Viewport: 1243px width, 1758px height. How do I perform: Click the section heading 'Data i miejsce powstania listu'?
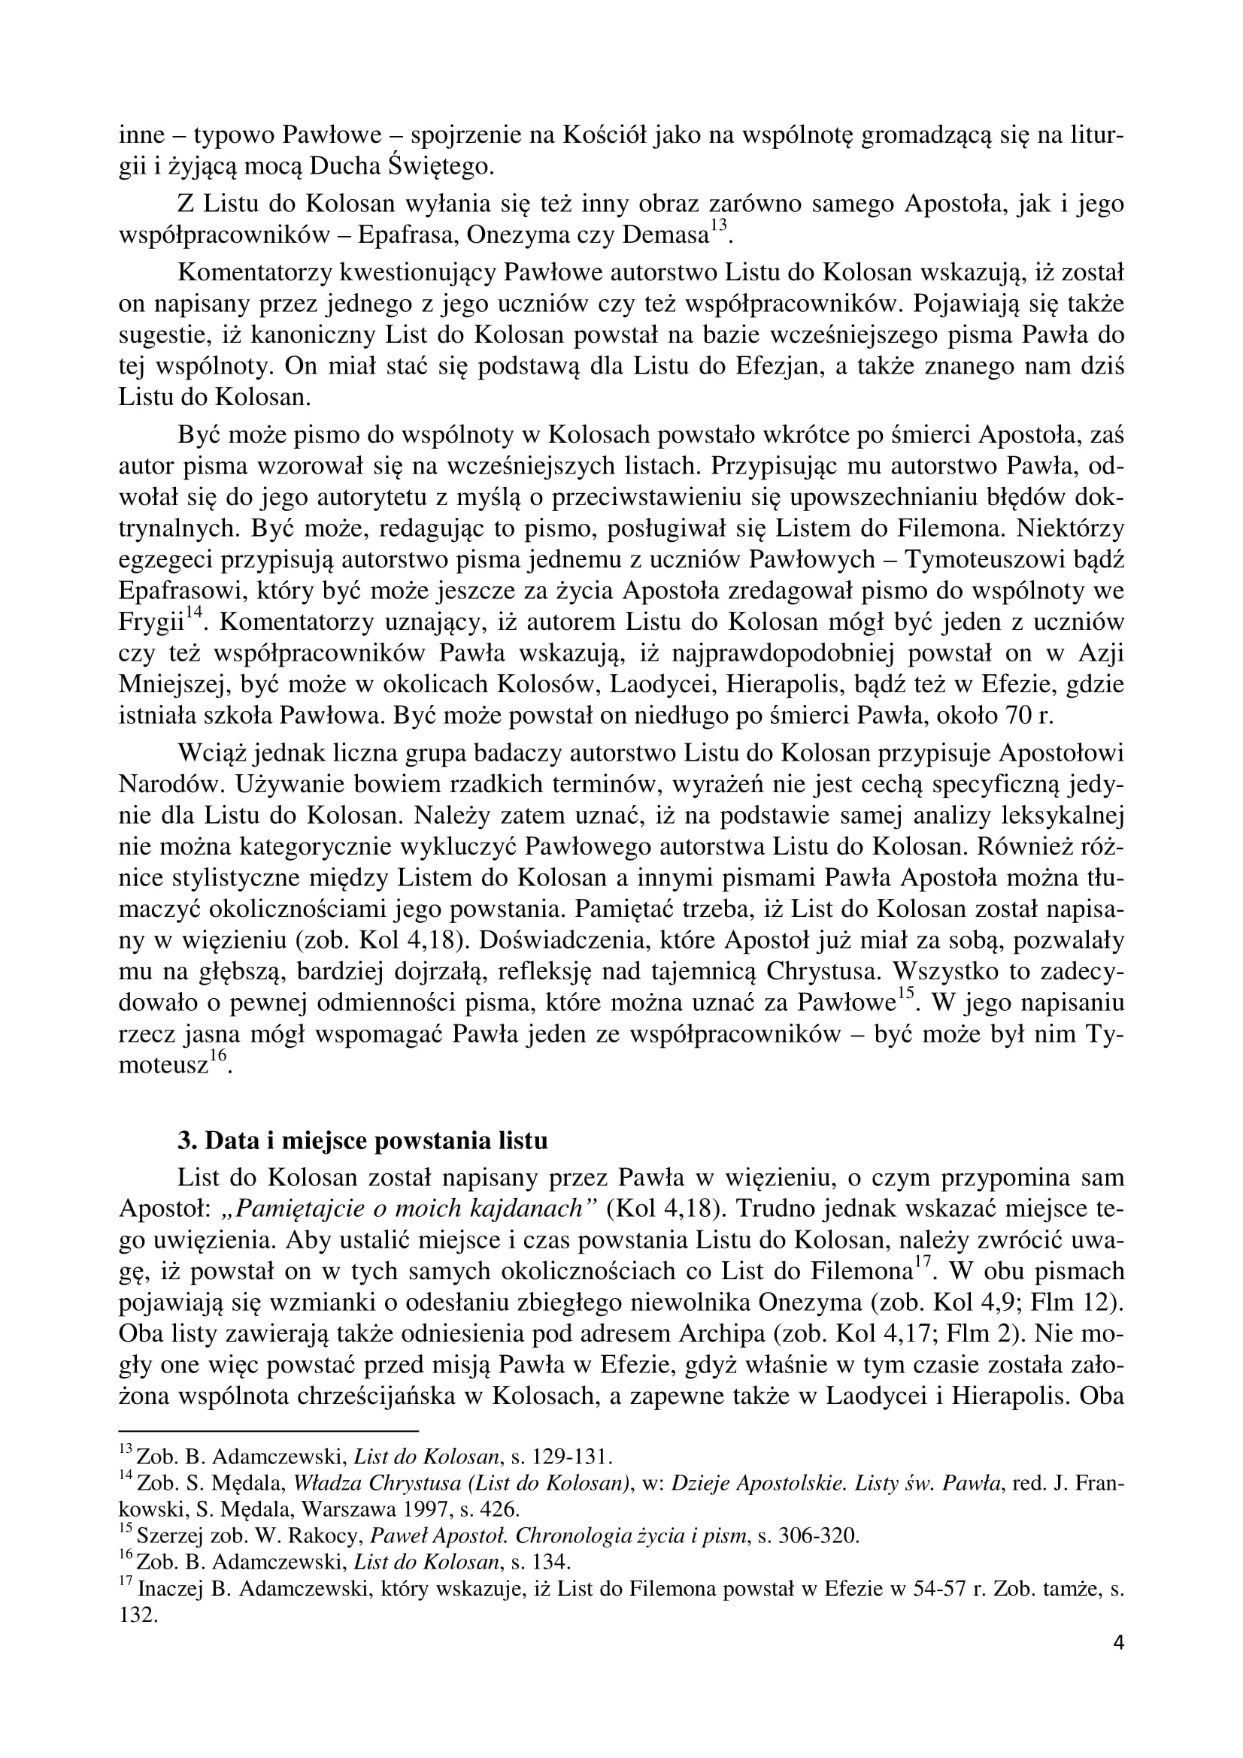point(362,1140)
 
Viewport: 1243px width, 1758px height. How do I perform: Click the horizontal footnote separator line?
point(268,1430)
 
